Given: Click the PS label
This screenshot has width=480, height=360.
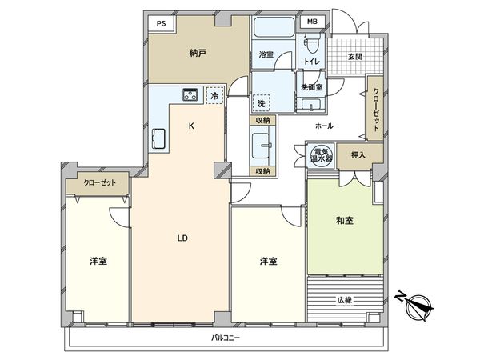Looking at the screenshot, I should point(160,23).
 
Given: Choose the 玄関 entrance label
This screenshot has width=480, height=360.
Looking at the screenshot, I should point(355,56).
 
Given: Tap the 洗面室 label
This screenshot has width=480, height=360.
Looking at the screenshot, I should point(310,86).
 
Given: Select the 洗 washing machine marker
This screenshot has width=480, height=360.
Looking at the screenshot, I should point(261,103).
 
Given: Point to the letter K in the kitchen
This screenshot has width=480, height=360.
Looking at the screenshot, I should point(190,126).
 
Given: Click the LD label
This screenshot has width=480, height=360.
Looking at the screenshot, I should point(182,238).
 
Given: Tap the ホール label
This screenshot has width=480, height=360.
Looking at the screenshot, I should point(324,126).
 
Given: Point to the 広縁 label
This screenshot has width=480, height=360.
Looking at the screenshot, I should point(345,300).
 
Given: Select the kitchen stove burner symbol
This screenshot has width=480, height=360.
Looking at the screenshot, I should point(190,95).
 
